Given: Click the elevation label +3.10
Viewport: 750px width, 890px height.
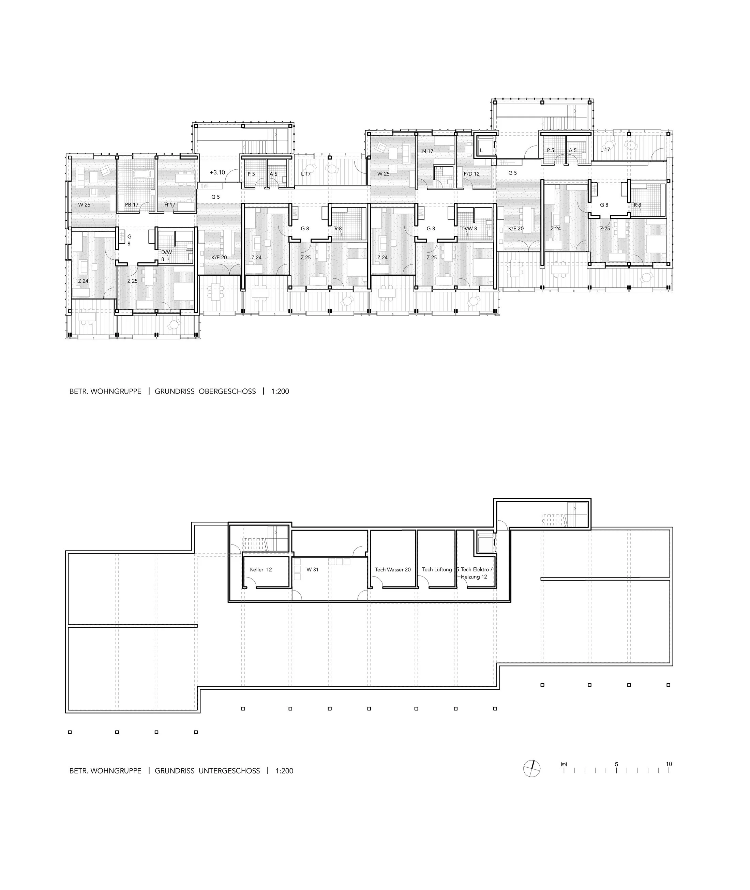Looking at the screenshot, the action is (217, 172).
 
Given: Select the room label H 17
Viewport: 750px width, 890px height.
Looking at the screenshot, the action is (170, 205).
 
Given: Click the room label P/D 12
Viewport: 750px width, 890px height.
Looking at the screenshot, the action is (471, 174).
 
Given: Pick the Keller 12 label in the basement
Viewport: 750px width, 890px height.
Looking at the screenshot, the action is (261, 569).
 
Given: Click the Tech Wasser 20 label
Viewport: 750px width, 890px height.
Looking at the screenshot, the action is (392, 569).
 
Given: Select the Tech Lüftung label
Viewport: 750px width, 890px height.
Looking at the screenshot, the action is (437, 569).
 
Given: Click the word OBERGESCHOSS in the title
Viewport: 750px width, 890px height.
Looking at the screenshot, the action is (227, 392).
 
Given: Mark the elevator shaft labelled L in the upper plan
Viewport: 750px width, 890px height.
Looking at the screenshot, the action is (484, 147).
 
